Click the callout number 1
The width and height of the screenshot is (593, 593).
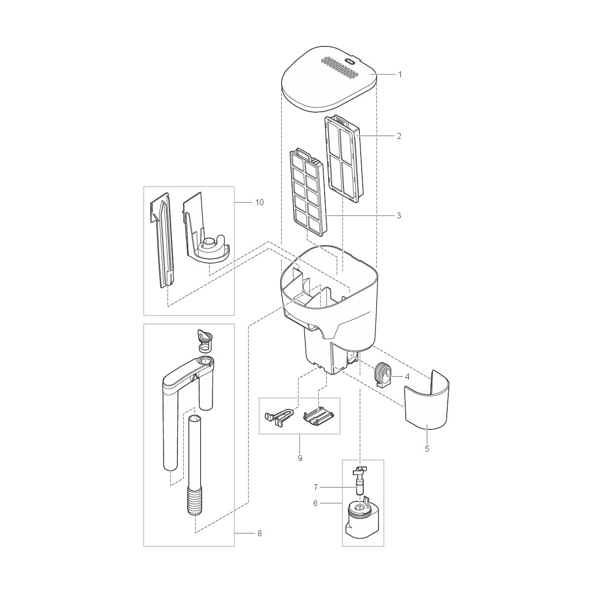(400, 74)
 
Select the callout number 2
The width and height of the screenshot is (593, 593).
(399, 135)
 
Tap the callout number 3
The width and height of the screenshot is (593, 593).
(399, 215)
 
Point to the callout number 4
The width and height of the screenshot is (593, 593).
(407, 377)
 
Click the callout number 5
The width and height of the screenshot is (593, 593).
(427, 449)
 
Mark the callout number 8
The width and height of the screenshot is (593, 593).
(259, 533)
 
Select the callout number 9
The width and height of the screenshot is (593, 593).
(299, 458)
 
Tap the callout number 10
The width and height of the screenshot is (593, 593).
(259, 202)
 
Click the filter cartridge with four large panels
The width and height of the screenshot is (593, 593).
(344, 158)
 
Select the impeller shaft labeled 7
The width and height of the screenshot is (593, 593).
(360, 479)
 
